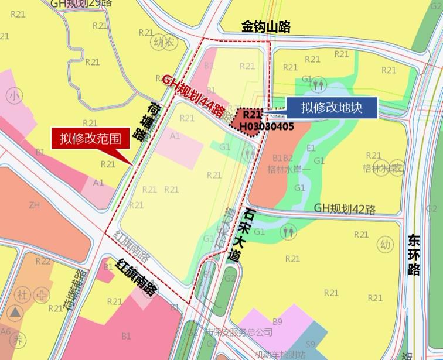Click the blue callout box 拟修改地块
click(x=331, y=108)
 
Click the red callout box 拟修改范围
click(x=90, y=139)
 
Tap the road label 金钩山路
click(x=266, y=26)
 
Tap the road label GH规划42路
click(x=345, y=209)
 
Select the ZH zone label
click(x=33, y=205)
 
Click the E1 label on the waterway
click(x=311, y=148)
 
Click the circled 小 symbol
click(x=13, y=95)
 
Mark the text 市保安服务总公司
click(x=238, y=332)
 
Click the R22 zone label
click(x=43, y=260)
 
